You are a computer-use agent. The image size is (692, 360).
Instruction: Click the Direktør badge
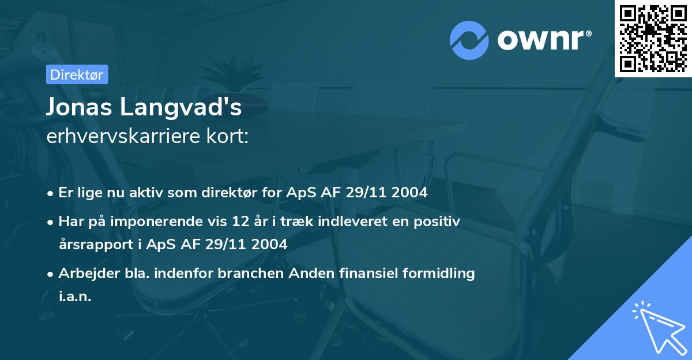point(77,74)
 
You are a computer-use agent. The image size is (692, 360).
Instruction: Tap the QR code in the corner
point(653,38)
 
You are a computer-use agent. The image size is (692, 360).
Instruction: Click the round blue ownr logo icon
point(469,40)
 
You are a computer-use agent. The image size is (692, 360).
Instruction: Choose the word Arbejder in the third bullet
point(85,273)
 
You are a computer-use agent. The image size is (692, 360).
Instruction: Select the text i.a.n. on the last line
point(75,296)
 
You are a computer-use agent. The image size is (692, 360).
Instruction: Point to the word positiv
point(439,222)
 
